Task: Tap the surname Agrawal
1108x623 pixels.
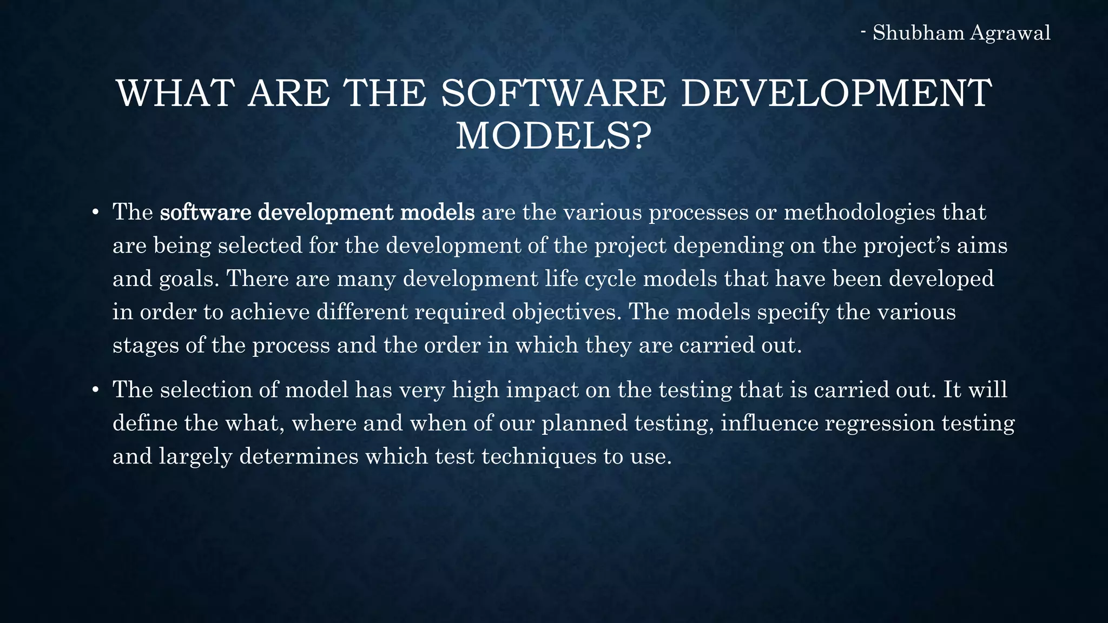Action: (1010, 33)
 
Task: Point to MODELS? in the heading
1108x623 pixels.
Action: (553, 136)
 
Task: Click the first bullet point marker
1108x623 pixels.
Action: (95, 213)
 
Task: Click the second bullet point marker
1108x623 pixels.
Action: (95, 390)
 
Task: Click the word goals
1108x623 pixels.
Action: (189, 280)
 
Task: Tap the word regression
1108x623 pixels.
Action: (880, 423)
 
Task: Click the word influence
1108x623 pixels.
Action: (769, 423)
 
